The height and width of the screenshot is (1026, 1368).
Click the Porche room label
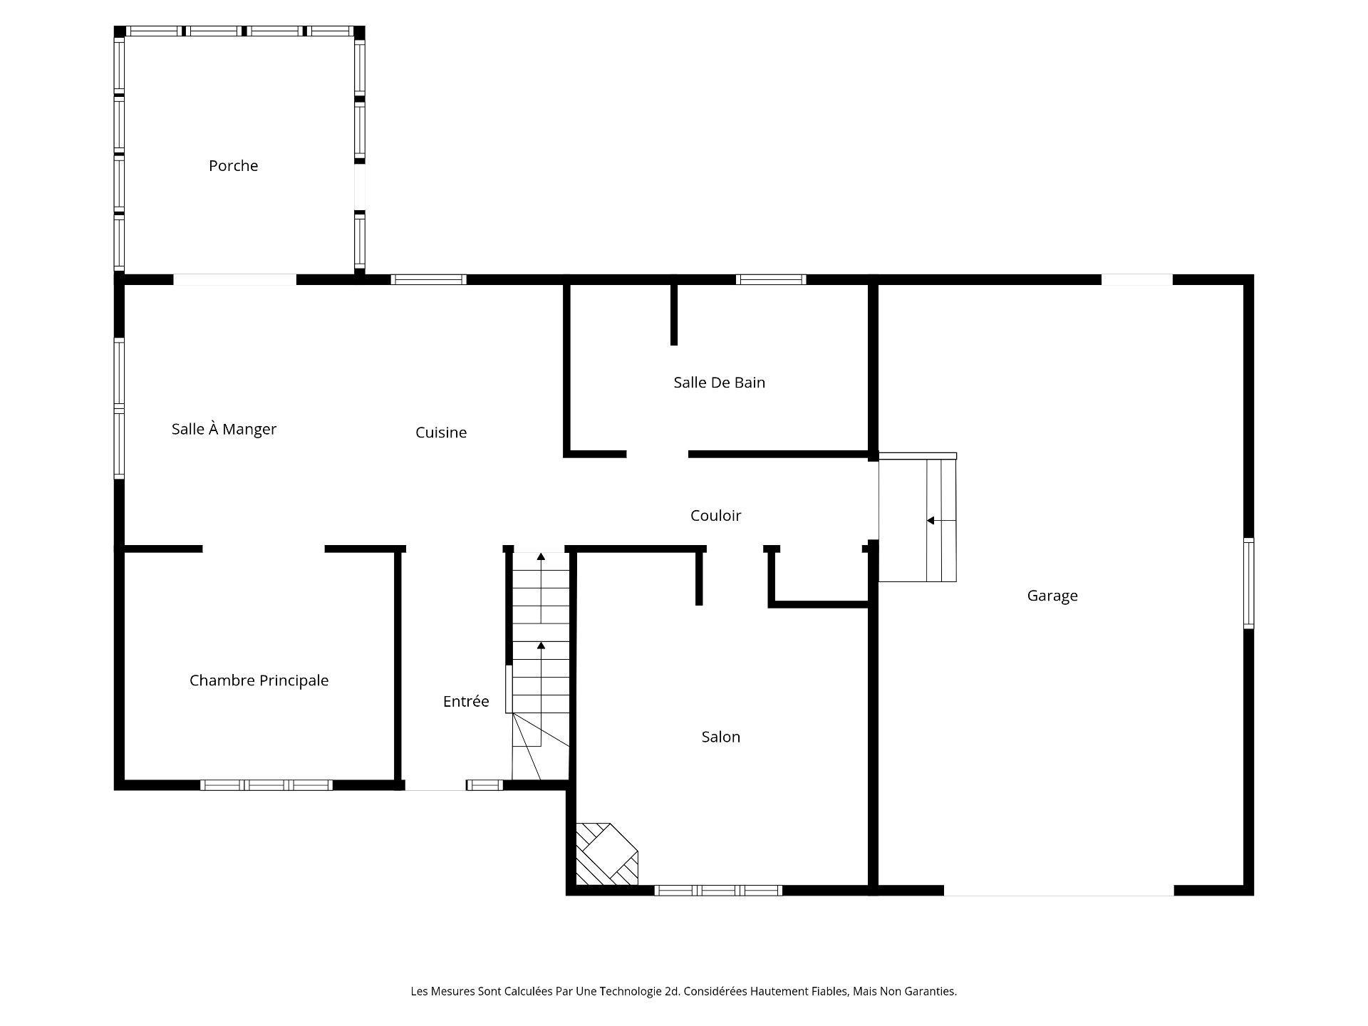click(x=233, y=166)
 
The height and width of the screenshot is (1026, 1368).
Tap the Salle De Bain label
click(x=719, y=383)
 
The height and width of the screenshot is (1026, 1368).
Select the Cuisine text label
click(x=441, y=432)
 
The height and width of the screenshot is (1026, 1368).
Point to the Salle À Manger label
click(x=224, y=429)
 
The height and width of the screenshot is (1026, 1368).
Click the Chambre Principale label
click(x=259, y=680)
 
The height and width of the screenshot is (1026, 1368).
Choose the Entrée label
click(x=466, y=701)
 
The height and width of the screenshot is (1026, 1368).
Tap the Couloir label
click(x=715, y=515)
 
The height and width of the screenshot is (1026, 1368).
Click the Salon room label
click(x=720, y=737)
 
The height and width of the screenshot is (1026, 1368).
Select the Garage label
click(x=1052, y=596)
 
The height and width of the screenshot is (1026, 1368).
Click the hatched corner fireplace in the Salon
click(x=605, y=855)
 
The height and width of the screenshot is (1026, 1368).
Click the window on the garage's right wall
click(x=1248, y=583)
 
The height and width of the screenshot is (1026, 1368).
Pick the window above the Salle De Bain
click(x=771, y=279)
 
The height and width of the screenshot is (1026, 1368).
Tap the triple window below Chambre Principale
click(x=266, y=785)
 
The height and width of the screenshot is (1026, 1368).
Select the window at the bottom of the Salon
click(x=718, y=890)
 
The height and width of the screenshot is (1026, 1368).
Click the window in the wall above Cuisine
click(x=429, y=279)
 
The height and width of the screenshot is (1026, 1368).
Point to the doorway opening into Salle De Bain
click(x=657, y=454)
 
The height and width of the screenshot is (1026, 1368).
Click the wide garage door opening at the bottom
click(x=1058, y=890)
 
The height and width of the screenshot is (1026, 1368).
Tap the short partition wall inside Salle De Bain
click(x=674, y=314)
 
